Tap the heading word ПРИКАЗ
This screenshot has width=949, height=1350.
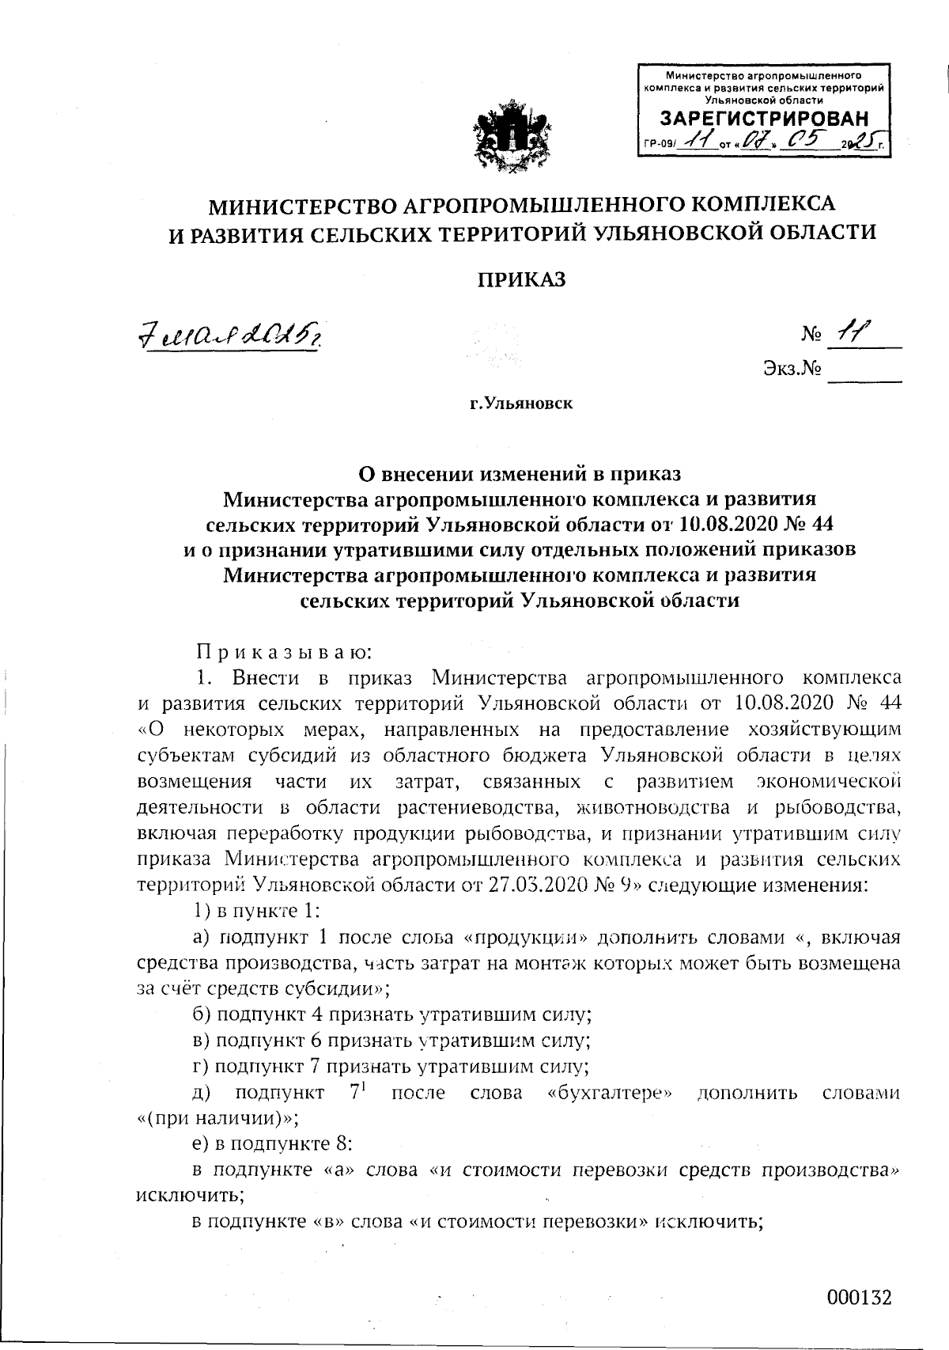click(x=521, y=279)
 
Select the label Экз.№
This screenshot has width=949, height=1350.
click(x=791, y=369)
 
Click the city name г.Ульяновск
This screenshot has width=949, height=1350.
click(x=522, y=404)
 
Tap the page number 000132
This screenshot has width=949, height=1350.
click(x=860, y=1298)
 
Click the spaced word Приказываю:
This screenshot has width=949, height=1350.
click(x=284, y=653)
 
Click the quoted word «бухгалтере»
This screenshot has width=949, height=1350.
click(x=610, y=1093)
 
